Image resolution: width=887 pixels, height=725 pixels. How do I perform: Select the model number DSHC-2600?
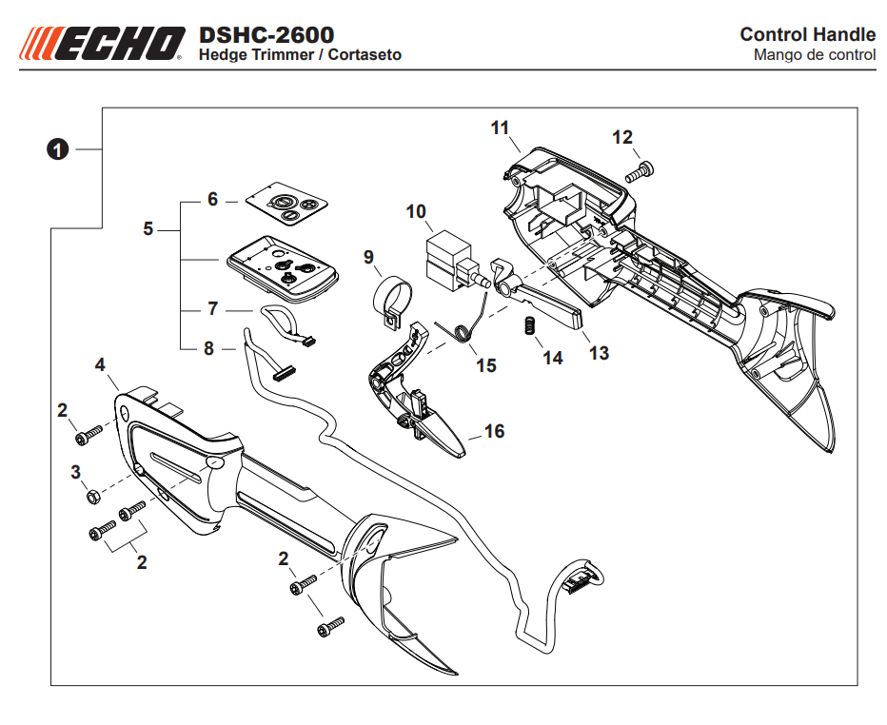[266, 35]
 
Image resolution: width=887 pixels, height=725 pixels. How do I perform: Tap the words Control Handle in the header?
[807, 35]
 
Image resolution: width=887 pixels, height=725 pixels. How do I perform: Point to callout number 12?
[621, 138]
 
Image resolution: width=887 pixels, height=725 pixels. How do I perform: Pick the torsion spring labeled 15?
[465, 329]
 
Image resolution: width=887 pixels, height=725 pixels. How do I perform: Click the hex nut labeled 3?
[93, 497]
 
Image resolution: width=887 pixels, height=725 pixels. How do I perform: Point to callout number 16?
[494, 431]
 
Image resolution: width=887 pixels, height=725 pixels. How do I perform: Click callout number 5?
[148, 229]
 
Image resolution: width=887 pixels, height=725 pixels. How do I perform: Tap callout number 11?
[501, 127]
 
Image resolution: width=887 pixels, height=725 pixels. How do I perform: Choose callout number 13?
[599, 353]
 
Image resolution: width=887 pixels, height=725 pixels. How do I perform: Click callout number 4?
[99, 363]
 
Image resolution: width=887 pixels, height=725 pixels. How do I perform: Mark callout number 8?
[208, 348]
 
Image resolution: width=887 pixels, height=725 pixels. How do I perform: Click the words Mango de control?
[814, 55]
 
